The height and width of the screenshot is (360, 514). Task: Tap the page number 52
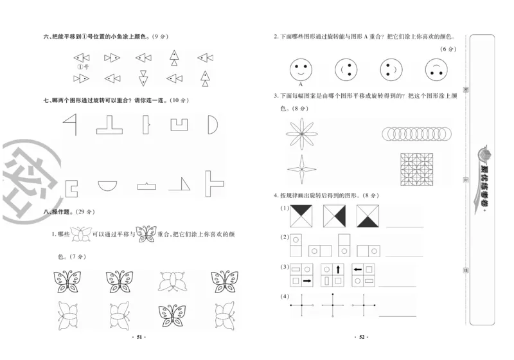pos(361,336)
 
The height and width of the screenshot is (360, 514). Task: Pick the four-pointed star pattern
pos(301,170)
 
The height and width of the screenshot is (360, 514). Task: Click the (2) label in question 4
pos(283,237)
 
